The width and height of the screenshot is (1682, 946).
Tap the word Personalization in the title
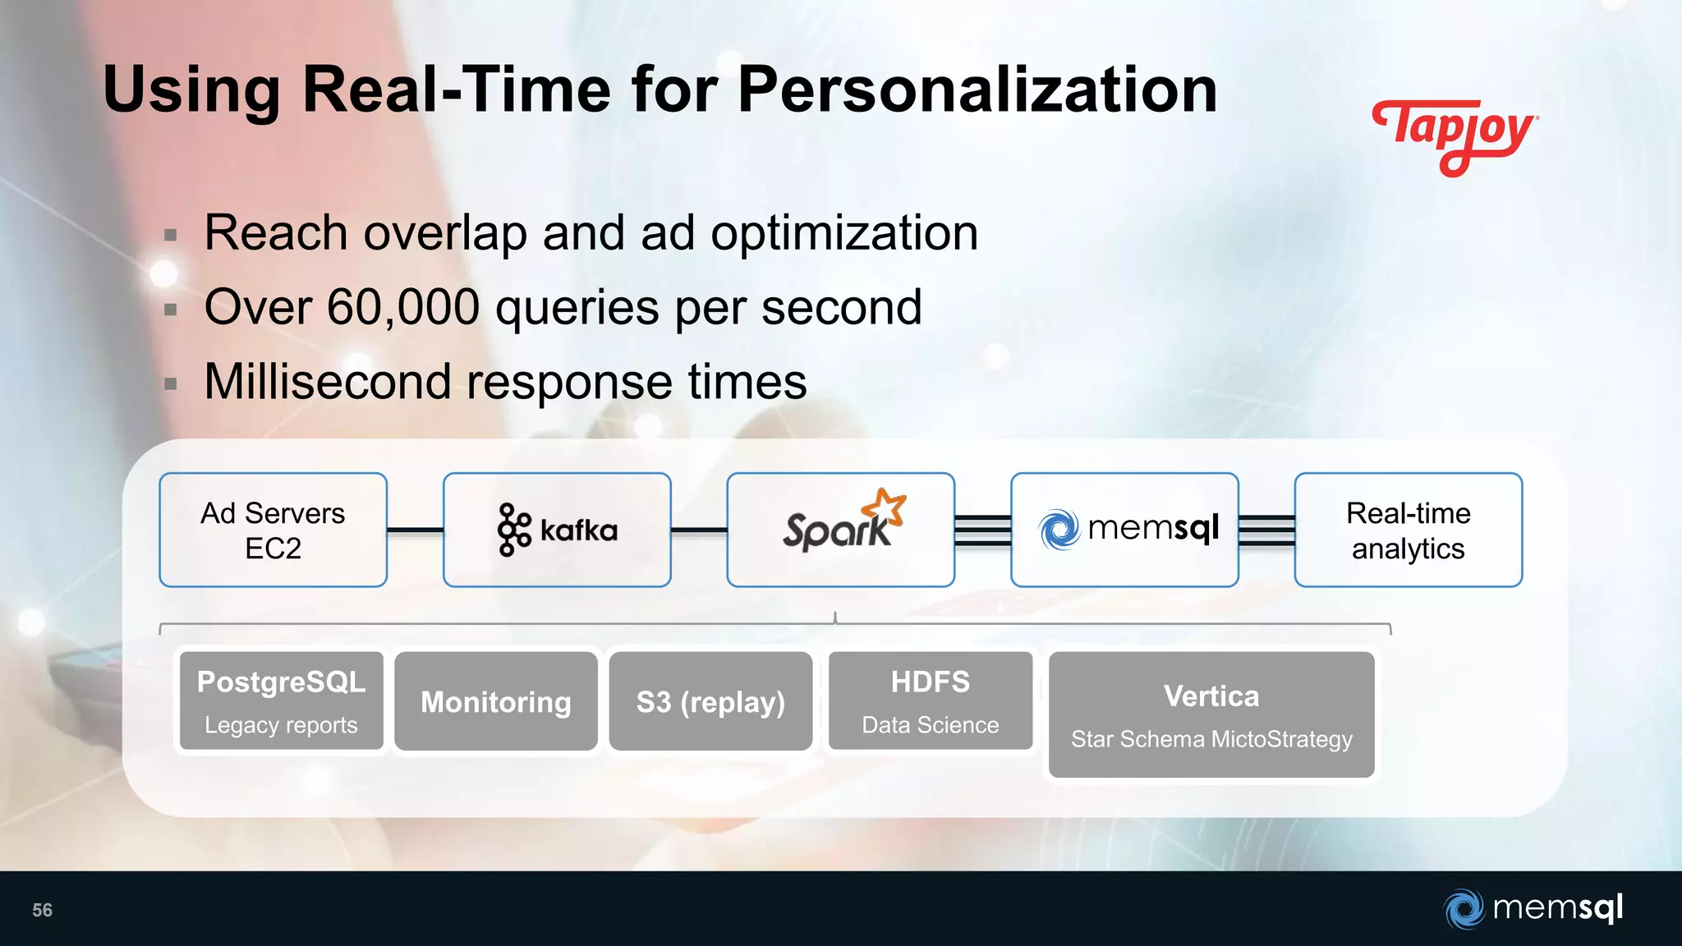click(977, 90)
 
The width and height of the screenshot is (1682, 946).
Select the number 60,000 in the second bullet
click(403, 308)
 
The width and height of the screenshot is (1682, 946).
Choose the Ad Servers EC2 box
click(273, 530)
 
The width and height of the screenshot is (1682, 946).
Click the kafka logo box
click(557, 530)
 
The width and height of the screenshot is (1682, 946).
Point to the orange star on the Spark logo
click(889, 505)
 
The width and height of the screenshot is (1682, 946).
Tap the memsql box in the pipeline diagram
click(1124, 530)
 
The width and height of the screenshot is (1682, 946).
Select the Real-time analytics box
click(1408, 530)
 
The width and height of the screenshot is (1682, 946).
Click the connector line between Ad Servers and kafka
click(415, 530)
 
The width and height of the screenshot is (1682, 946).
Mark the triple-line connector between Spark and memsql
click(982, 530)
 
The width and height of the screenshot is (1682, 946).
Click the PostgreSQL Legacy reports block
click(281, 701)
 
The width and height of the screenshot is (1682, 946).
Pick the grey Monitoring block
click(496, 701)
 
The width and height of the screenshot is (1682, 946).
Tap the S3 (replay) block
click(710, 701)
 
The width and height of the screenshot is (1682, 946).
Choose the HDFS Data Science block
click(931, 701)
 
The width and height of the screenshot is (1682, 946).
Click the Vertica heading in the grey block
click(1211, 696)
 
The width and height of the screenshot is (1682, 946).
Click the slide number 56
click(42, 910)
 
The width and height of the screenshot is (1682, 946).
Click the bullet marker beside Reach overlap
click(171, 236)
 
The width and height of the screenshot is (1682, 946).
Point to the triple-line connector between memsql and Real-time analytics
click(1266, 530)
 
